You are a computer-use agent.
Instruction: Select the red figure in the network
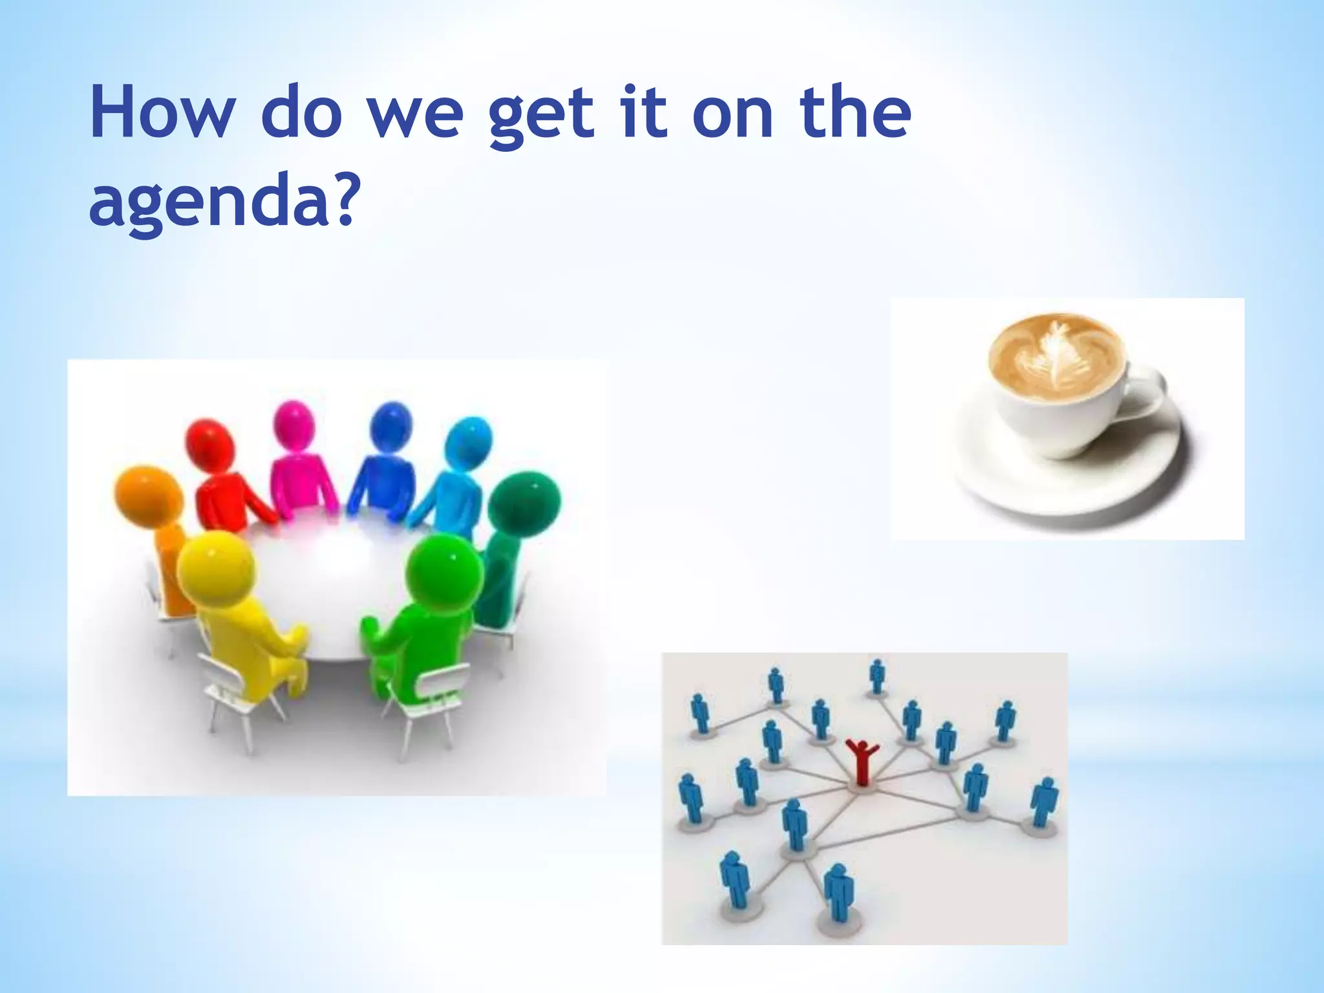coord(861,762)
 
